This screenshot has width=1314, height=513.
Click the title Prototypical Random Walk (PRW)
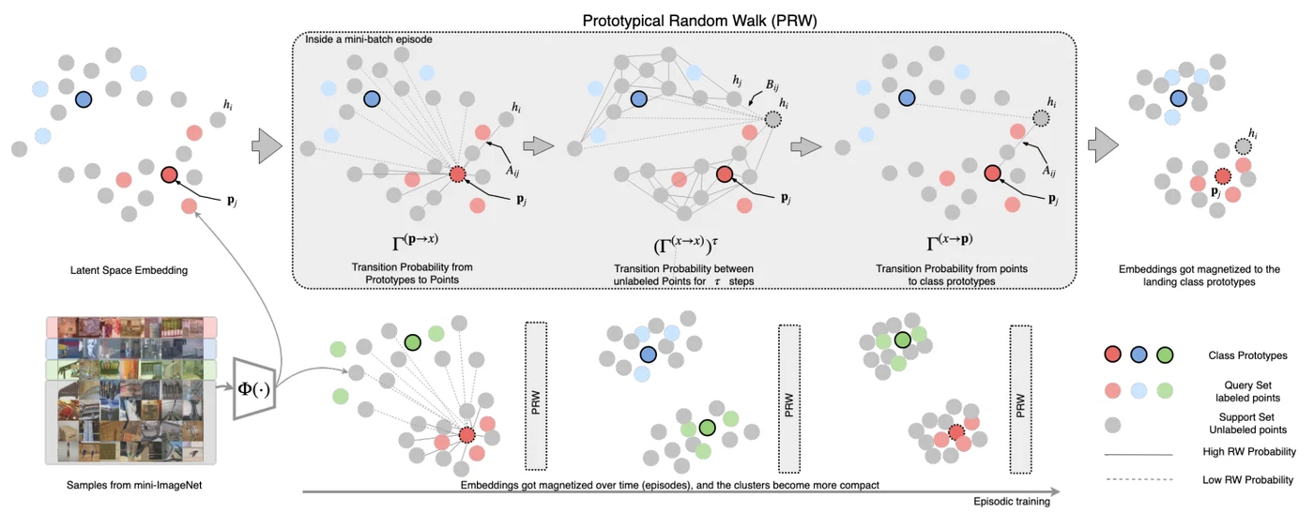coord(699,21)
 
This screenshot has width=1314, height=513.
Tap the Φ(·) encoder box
coord(254,388)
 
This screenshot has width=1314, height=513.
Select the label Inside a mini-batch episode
coord(368,39)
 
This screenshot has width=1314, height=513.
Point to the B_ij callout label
coord(772,85)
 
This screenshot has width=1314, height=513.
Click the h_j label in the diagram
coord(737,80)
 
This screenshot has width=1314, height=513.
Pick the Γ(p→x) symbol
coord(415,241)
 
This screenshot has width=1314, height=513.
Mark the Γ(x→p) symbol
coord(949,241)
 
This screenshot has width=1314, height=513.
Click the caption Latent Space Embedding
coord(130,270)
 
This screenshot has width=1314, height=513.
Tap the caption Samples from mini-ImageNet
coord(134,485)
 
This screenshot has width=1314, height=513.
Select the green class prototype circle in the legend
coord(1165,355)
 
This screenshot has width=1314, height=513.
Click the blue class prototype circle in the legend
coord(1138,355)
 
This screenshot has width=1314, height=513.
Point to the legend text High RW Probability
coord(1249,451)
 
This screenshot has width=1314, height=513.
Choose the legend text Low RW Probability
coord(1247,479)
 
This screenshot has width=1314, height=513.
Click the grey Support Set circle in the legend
coord(1113,425)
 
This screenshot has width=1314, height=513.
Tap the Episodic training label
coord(1012,501)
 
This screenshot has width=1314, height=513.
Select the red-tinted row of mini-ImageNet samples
coord(131,327)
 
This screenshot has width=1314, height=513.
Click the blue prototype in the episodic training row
coord(648,355)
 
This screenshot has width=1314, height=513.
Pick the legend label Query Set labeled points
coord(1247,391)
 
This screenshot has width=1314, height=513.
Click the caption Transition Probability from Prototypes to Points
coord(412,273)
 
